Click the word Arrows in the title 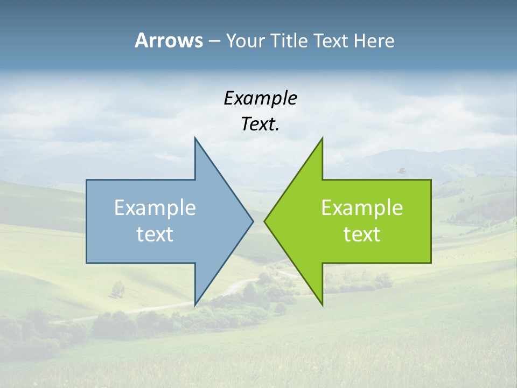coord(169,40)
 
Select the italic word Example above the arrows coord(260,99)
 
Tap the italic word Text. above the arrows coord(260,124)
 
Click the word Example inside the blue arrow coord(155,207)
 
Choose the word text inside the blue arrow coord(155,234)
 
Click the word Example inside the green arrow coord(362,207)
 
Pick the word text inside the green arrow coord(362,234)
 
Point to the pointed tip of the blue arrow coord(253,220)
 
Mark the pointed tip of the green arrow coord(265,220)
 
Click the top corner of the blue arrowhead coord(195,138)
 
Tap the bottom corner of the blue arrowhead coord(195,304)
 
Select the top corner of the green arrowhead coord(322,138)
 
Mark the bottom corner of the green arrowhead coord(322,304)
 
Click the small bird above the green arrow coord(401,171)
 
